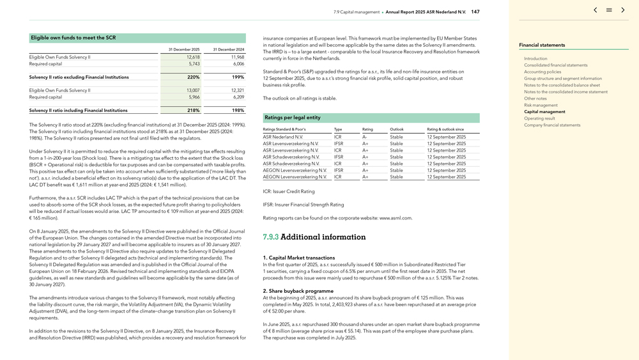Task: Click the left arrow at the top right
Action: coord(596,10)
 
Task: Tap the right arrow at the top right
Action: coord(623,10)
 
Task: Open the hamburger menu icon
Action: coord(609,10)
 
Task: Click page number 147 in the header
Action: coord(475,12)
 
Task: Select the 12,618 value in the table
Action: coord(193,58)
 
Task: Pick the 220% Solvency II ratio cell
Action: coord(193,77)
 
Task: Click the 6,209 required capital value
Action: coord(236,97)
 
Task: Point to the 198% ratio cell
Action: coord(237,111)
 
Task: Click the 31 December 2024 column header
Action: coord(229,49)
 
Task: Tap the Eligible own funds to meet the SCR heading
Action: coord(73,38)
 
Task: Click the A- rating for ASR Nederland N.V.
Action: coord(365,137)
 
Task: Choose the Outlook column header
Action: coord(396,130)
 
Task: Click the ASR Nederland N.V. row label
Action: coord(283,137)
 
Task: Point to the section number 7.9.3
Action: coord(270,237)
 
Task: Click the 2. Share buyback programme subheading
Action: coord(298,291)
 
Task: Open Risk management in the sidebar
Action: coord(541,105)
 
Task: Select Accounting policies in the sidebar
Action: coord(543,72)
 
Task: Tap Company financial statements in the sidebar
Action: coord(552,125)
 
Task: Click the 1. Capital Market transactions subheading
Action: coord(298,258)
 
